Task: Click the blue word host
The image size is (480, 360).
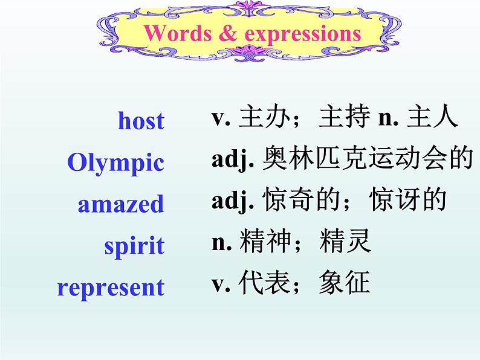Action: (x=141, y=120)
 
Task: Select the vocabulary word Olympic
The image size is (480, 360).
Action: (x=115, y=163)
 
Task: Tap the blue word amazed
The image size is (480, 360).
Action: (x=121, y=204)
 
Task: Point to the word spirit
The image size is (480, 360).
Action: (x=134, y=246)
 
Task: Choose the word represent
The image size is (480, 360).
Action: (x=111, y=288)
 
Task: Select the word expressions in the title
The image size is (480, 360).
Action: (x=303, y=34)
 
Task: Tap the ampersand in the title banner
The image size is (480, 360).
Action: (x=228, y=33)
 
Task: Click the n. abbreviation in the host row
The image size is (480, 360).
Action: (x=389, y=118)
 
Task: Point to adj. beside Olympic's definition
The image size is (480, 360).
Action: (x=233, y=159)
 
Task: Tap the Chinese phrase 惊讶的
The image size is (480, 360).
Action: (x=407, y=199)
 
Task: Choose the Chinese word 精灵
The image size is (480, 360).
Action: (x=345, y=241)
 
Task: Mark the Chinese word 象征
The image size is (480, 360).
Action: (x=345, y=283)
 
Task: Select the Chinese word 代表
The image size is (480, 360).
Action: (x=264, y=283)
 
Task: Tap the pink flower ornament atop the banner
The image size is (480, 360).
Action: (x=249, y=8)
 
